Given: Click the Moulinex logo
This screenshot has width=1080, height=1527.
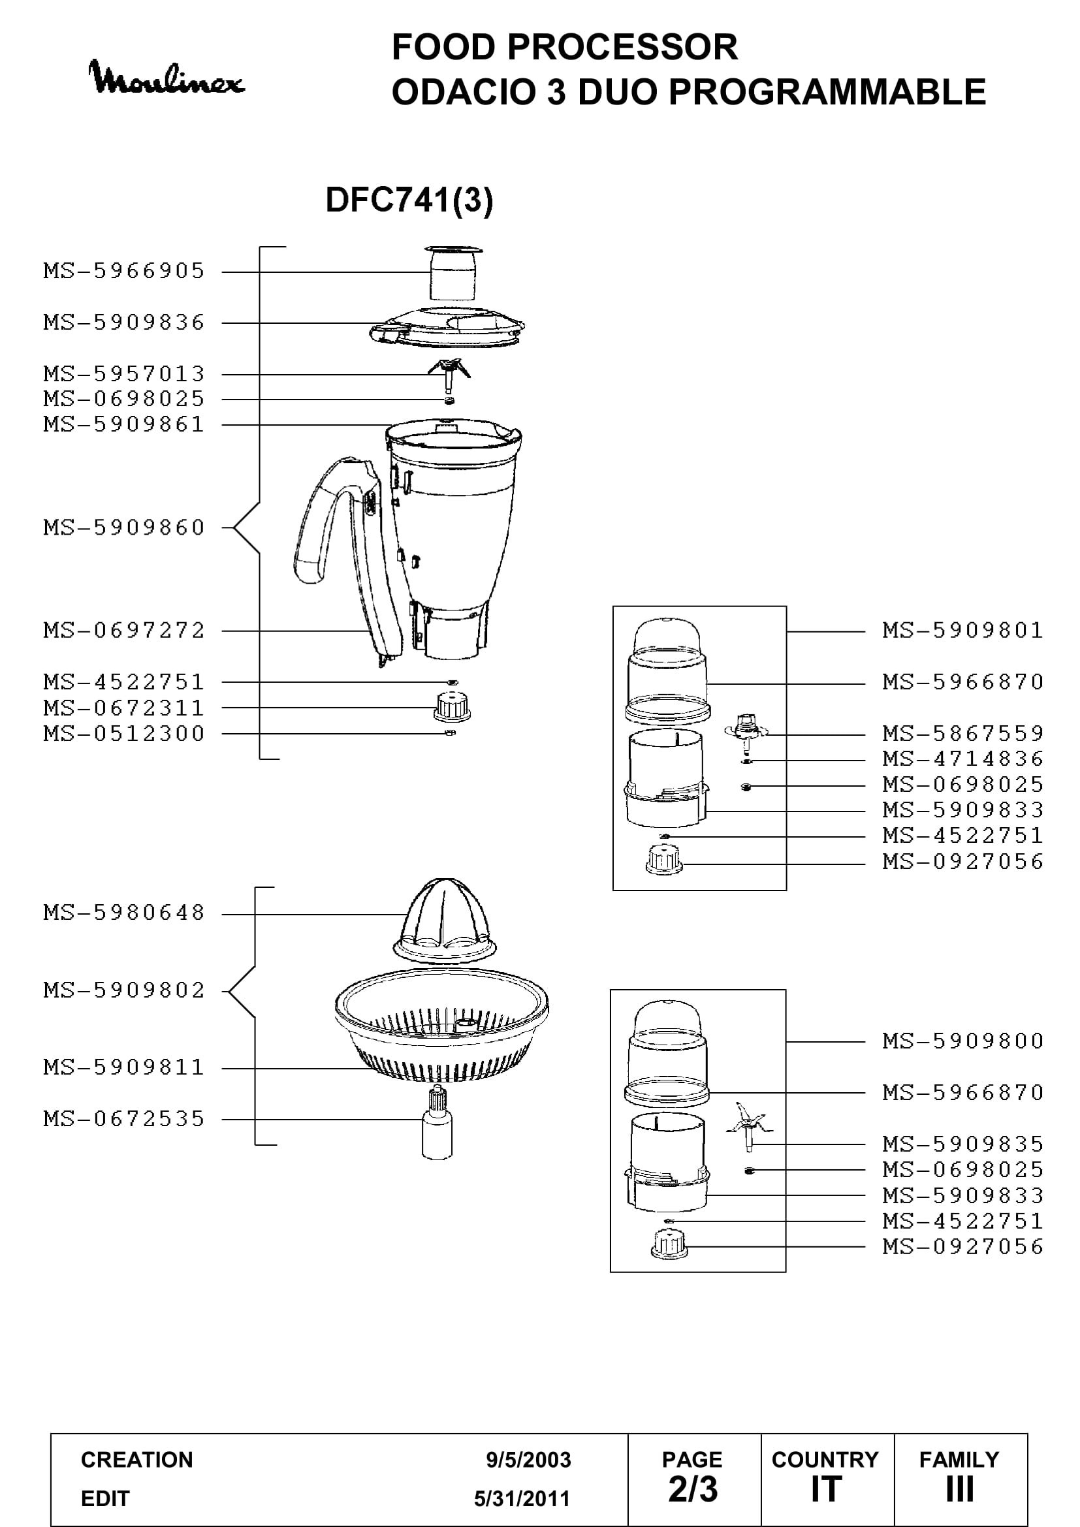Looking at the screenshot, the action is [167, 77].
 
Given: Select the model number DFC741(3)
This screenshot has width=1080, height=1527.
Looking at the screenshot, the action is [409, 200].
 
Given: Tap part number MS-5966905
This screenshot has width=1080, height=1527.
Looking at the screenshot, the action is [124, 272].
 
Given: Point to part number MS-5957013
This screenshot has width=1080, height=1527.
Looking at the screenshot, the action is [124, 374].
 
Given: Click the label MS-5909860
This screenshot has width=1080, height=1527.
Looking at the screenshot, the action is [124, 527].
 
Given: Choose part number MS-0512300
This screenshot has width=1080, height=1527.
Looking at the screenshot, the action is [124, 734].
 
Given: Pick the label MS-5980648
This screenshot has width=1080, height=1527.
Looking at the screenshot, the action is [124, 913].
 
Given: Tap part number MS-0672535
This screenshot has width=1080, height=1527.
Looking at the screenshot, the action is [124, 1119].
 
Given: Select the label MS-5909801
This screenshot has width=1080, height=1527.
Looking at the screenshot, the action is [963, 630].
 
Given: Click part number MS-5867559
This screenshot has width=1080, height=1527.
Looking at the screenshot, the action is [963, 734].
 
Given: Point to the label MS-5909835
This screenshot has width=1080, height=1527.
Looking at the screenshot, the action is [963, 1144].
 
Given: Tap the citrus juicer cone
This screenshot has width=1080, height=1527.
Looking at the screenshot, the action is [444, 921].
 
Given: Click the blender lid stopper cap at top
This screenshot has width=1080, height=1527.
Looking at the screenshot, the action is [453, 274].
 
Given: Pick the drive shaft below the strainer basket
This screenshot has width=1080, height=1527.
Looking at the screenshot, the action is [437, 1124].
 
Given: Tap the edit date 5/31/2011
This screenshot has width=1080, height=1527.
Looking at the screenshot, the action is [522, 1498].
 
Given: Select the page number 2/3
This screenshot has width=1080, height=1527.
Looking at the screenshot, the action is [693, 1489].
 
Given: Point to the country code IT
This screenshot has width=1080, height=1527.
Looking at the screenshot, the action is [826, 1489].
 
